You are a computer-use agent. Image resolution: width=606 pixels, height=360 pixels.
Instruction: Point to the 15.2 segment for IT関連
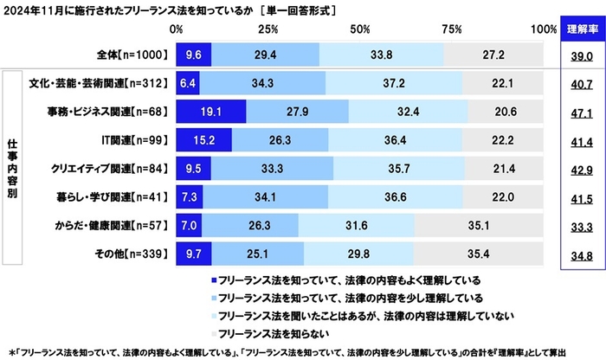coord(203,141)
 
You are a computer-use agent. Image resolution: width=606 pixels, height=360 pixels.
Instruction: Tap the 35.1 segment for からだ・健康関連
coord(480,226)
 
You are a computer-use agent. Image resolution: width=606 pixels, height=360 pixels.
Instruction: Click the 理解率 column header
coord(578,29)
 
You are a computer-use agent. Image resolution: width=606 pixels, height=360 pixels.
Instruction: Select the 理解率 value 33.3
coord(578,226)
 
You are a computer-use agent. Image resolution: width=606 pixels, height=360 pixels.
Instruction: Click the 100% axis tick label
coord(544,29)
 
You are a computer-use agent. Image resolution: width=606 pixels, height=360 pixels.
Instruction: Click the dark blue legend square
coord(214,281)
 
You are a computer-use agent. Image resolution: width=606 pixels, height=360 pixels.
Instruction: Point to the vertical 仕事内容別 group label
coord(12,169)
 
